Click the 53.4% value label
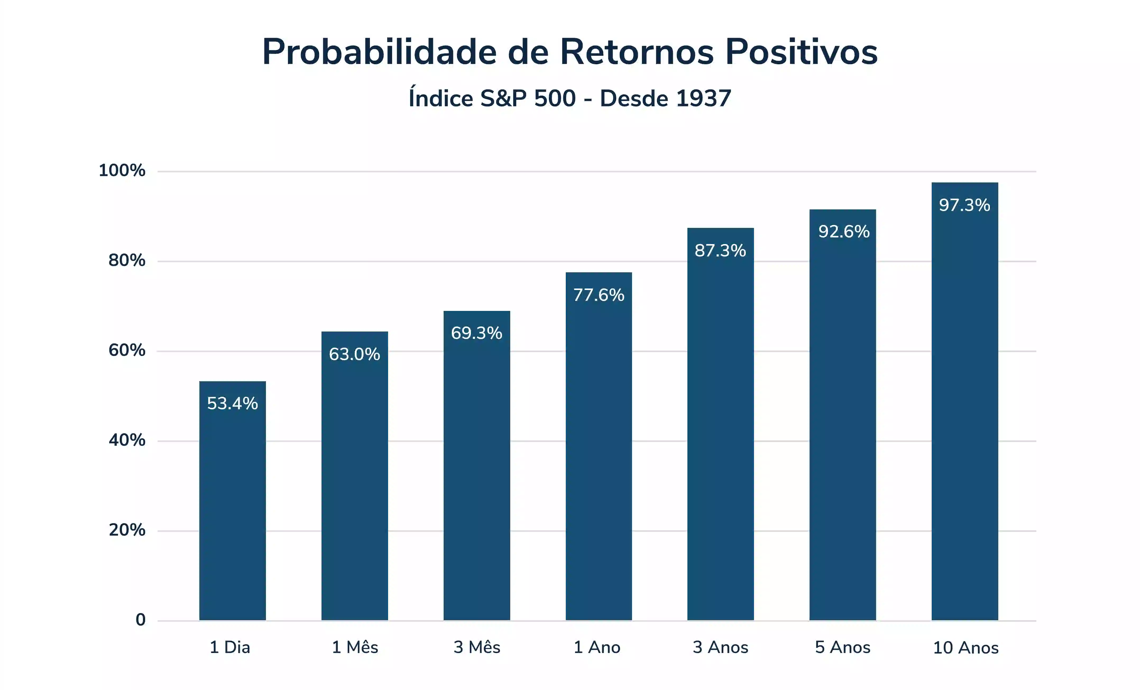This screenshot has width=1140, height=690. coord(232,403)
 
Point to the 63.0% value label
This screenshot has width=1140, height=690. coord(354,355)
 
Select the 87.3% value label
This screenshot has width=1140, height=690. coord(720,251)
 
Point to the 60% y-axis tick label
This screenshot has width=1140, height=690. coord(127,350)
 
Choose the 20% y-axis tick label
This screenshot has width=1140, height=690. coord(127,530)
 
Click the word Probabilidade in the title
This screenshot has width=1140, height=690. coord(379,52)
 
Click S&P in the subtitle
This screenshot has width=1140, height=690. coord(503,99)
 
